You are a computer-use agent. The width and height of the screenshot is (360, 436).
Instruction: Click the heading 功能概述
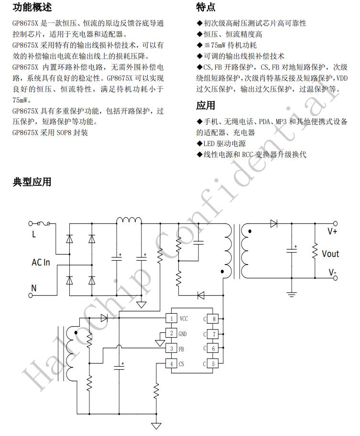[32, 7]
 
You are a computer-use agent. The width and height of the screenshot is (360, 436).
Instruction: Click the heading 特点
[206, 7]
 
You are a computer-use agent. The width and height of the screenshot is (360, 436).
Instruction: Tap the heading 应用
[206, 106]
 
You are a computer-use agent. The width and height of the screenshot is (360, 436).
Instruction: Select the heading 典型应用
[32, 182]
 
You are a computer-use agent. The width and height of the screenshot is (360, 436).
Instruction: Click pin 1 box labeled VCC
[171, 319]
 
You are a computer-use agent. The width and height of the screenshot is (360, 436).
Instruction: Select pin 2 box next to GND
[171, 334]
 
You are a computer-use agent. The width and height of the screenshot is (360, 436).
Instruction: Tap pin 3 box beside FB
[171, 349]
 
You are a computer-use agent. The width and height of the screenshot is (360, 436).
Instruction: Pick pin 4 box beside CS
[171, 364]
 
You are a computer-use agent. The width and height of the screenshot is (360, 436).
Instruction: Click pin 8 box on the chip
[214, 319]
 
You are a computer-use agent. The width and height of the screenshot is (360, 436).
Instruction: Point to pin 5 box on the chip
[214, 364]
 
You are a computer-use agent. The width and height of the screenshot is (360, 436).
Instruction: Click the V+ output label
[332, 231]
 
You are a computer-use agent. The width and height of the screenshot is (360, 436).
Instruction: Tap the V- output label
[332, 273]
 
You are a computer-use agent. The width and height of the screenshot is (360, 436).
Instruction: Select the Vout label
[330, 253]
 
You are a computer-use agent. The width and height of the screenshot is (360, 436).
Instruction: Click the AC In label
[41, 262]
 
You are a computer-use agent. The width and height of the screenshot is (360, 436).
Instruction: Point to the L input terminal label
[33, 234]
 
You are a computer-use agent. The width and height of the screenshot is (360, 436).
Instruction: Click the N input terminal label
[33, 287]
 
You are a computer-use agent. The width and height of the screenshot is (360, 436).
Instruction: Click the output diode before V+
[273, 223]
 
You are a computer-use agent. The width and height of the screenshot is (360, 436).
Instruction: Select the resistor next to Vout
[315, 251]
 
